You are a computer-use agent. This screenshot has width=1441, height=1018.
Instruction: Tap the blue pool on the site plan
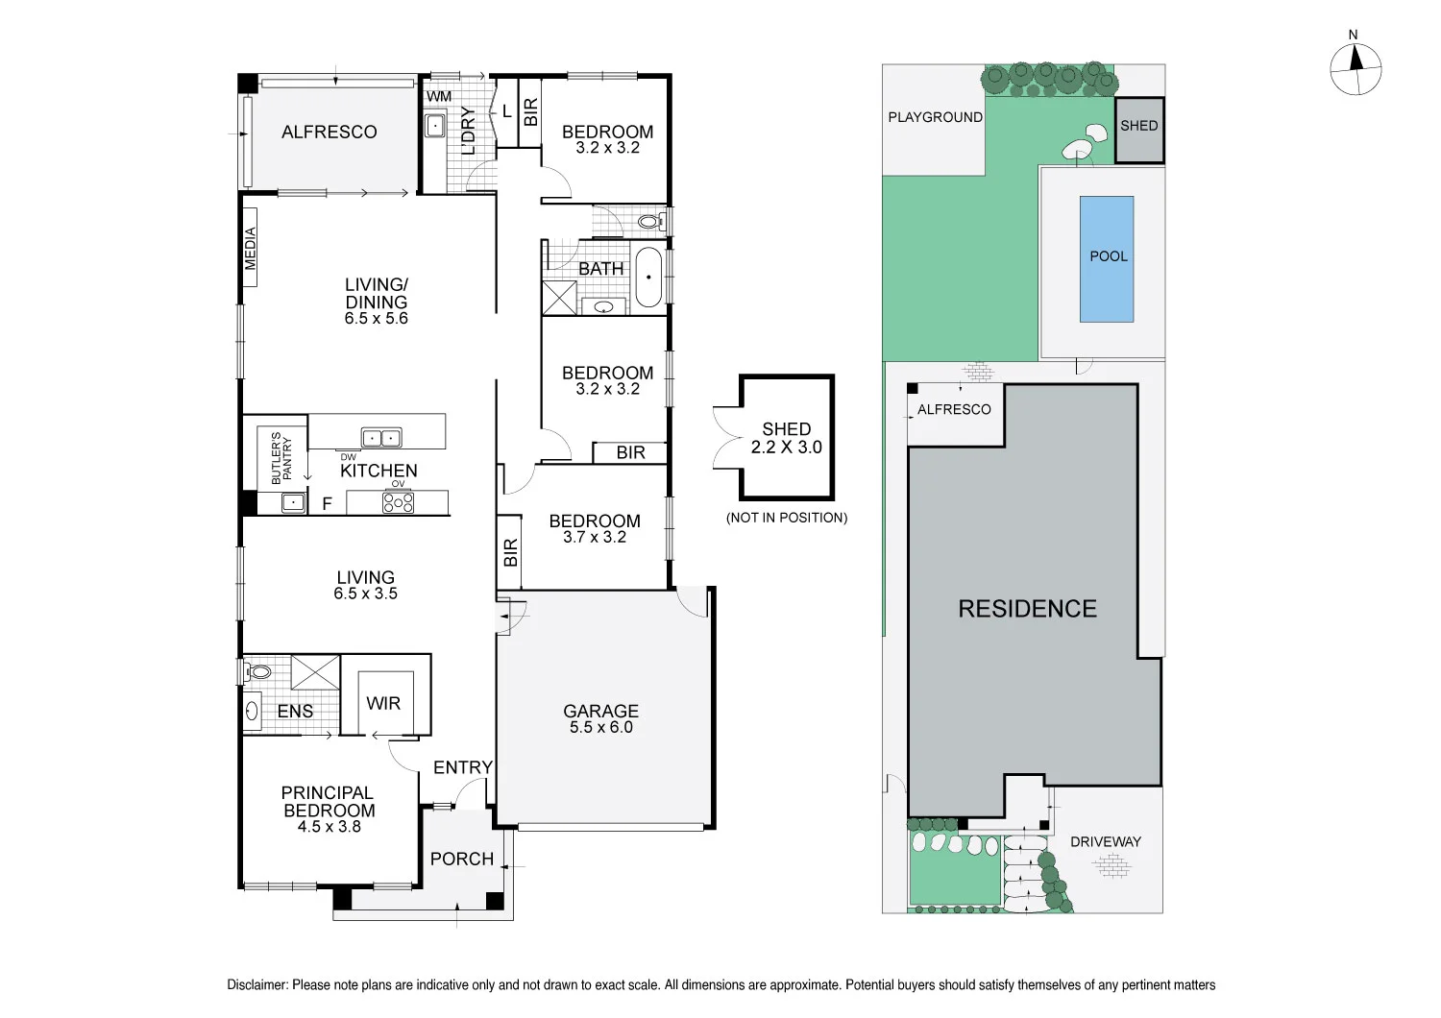(1107, 259)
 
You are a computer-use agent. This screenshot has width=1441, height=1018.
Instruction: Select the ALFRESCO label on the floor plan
(329, 132)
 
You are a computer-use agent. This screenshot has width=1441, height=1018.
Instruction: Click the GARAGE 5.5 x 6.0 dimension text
(600, 727)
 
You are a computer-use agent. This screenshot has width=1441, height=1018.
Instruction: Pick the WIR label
(383, 703)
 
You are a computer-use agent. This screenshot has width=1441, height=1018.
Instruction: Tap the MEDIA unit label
(250, 248)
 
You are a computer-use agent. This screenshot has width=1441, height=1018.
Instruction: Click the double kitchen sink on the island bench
(381, 438)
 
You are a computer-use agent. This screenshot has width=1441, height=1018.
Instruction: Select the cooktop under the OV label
(399, 501)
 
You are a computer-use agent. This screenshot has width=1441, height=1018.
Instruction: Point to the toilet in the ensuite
(257, 672)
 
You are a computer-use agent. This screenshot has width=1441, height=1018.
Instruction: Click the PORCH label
(462, 859)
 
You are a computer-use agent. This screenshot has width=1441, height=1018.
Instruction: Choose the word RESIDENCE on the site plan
(1027, 608)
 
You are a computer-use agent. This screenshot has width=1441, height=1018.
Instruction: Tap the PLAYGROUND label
(936, 117)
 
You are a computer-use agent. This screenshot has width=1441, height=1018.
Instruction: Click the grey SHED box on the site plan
(1139, 130)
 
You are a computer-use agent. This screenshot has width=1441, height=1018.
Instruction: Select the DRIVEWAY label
(1105, 841)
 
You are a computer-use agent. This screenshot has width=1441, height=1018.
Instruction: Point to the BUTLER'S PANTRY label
(281, 457)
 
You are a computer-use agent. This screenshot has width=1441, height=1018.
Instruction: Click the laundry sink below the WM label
(435, 126)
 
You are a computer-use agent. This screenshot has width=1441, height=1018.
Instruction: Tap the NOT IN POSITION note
(787, 518)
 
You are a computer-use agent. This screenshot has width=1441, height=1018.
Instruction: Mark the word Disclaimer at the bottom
(256, 984)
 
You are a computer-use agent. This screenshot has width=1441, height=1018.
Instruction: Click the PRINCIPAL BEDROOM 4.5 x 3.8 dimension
(329, 827)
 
